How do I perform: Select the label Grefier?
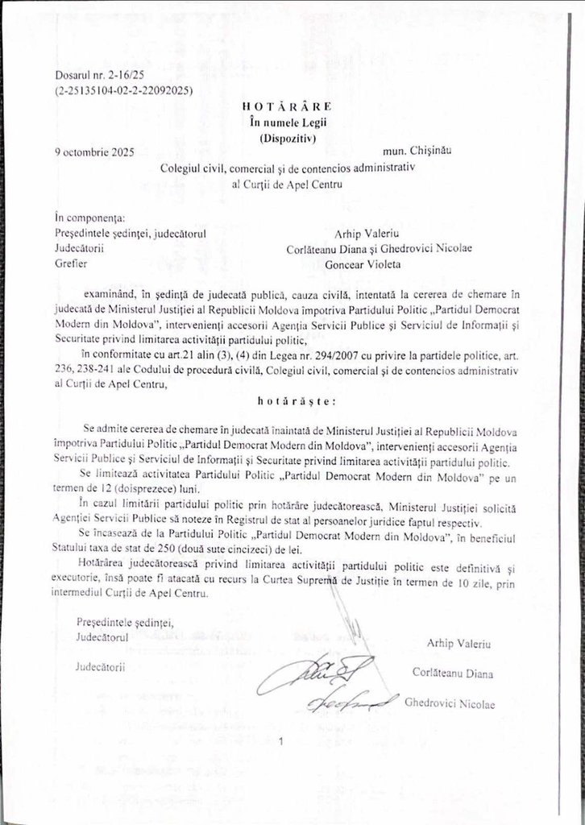[x=71, y=263]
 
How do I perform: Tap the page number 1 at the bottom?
[x=282, y=743]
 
